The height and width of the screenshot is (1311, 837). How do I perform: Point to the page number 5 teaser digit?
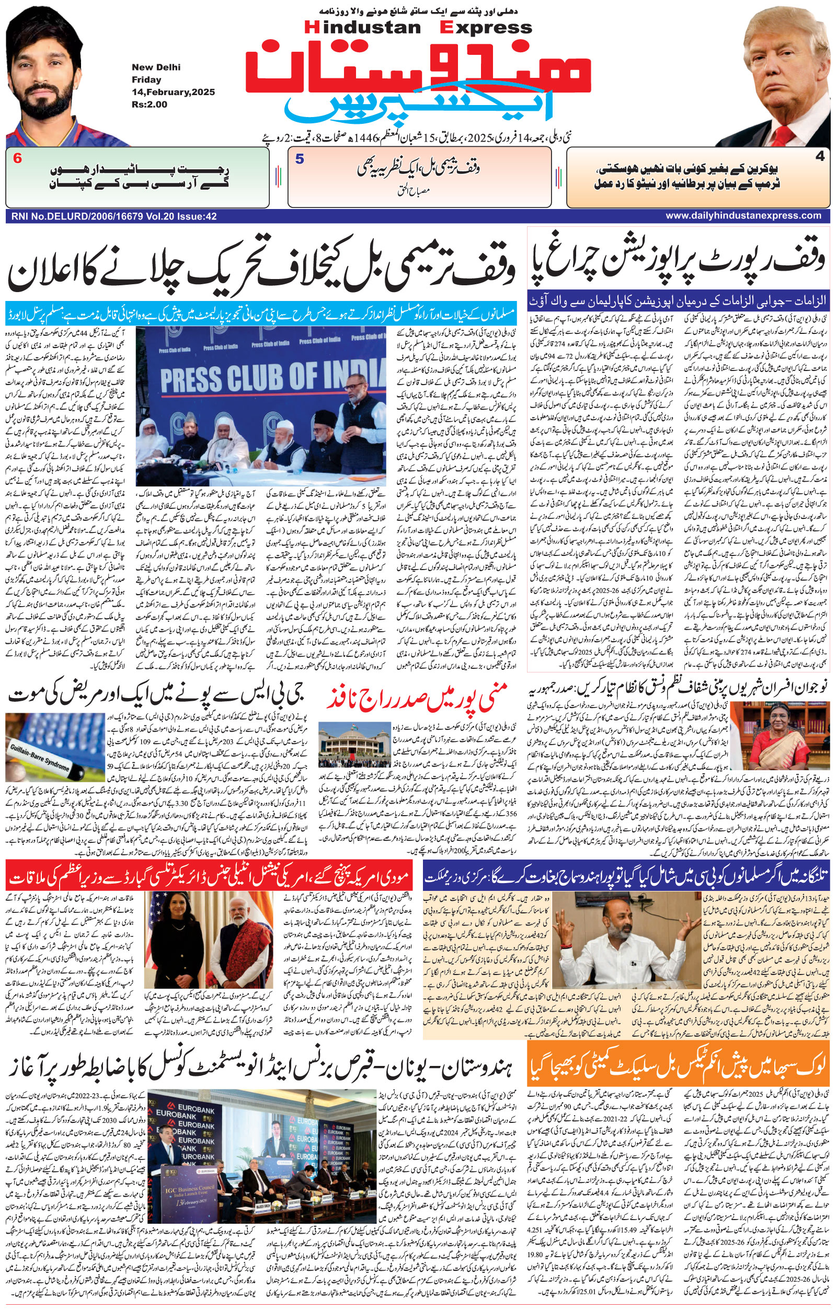pyautogui.click(x=300, y=159)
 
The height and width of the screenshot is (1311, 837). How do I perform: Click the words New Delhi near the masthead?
pyautogui.click(x=156, y=67)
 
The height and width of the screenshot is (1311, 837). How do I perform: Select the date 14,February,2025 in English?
pyautogui.click(x=173, y=92)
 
